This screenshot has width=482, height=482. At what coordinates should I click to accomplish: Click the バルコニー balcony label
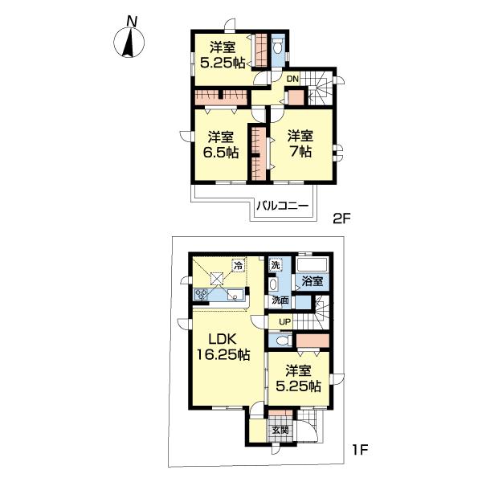pyautogui.click(x=284, y=206)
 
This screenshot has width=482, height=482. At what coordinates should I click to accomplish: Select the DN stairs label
pyautogui.click(x=292, y=79)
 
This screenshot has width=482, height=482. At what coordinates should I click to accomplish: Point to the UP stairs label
pyautogui.click(x=284, y=322)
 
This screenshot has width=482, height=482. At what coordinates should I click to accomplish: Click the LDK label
pyautogui.click(x=214, y=339)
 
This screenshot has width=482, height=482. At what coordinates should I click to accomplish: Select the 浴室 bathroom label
pyautogui.click(x=312, y=281)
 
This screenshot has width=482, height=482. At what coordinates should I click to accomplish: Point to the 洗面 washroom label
pyautogui.click(x=280, y=300)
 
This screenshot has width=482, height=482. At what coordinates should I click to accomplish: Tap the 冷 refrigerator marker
pyautogui.click(x=238, y=264)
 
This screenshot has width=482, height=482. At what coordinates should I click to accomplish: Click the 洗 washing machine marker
pyautogui.click(x=276, y=264)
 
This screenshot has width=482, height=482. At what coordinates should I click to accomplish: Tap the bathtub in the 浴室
pyautogui.click(x=312, y=264)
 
